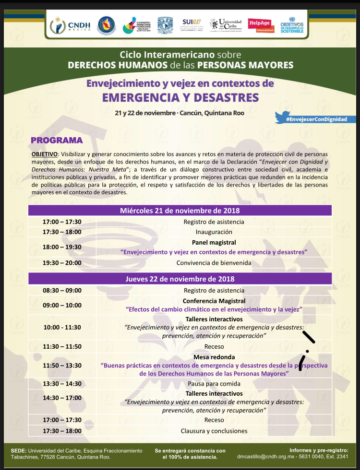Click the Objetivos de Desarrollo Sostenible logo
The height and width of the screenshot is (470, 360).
coord(292,25)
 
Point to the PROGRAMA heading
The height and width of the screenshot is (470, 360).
coord(57,141)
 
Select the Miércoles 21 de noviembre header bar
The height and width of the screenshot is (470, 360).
coord(180,211)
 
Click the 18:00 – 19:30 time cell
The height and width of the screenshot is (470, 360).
coord(62,247)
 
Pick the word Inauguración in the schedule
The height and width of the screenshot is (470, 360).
coord(214,232)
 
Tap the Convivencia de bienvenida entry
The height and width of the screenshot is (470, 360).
coord(214,263)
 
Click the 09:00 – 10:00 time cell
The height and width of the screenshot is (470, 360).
coord(62,305)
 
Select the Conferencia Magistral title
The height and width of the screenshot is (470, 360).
coord(214,301)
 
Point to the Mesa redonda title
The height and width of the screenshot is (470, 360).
coord(214,357)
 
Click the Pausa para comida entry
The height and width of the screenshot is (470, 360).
coord(214,384)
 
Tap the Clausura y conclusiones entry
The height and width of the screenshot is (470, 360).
coord(214,431)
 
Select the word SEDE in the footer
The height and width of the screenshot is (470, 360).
coord(18,451)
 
